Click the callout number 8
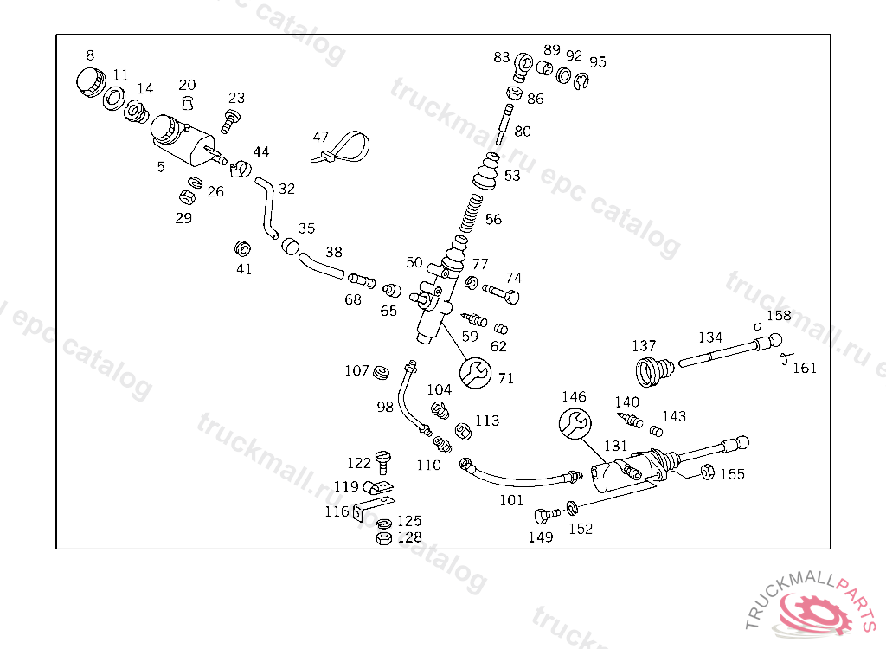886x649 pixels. pos(90,55)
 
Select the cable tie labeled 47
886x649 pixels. pos(343,149)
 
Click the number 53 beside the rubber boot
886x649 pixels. pos(512,176)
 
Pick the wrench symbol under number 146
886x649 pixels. pos(575,425)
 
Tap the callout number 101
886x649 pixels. pos(511,499)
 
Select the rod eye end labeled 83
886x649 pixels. pos(523,66)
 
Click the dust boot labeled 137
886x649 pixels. pos(652,370)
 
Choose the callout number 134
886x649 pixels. pos(710,337)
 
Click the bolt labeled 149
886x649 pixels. pos(546,517)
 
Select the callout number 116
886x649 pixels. pos(337,511)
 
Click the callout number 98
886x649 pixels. pos(385,407)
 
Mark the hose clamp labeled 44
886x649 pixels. pos(241,163)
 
